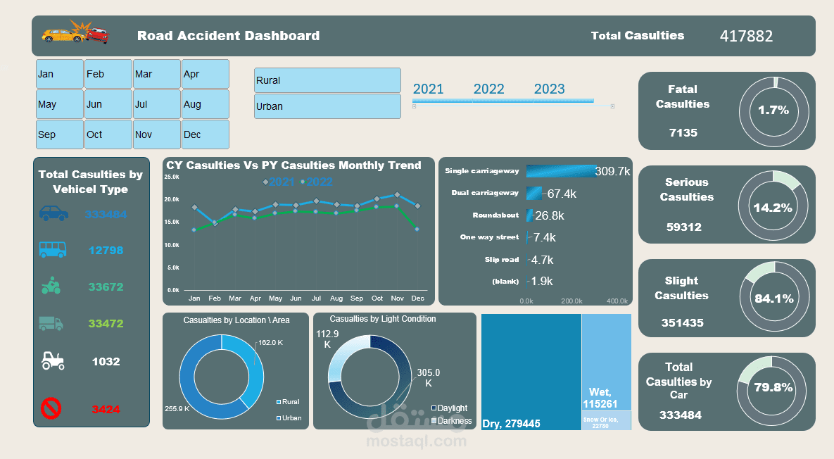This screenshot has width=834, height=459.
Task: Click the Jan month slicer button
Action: tap(60, 74)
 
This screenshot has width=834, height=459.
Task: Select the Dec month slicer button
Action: tap(206, 134)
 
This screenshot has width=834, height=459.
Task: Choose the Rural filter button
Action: tap(327, 80)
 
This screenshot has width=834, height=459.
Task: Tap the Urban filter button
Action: tap(327, 106)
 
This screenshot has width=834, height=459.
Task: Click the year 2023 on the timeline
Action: tap(549, 89)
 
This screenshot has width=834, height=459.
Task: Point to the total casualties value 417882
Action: tap(746, 36)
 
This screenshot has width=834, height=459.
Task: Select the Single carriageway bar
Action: tap(560, 171)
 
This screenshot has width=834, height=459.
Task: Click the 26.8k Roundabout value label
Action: tap(550, 215)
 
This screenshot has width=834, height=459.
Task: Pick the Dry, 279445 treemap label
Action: tap(511, 424)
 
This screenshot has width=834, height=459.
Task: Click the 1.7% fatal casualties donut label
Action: tap(773, 111)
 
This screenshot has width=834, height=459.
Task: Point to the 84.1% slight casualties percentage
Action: tap(773, 298)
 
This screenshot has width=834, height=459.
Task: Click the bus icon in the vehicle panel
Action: tap(53, 249)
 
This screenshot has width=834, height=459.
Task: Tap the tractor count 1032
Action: tap(106, 362)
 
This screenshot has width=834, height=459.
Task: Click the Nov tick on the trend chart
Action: tap(397, 298)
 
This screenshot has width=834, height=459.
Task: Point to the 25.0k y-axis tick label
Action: tap(172, 177)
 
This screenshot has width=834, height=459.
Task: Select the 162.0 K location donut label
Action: tap(270, 343)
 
